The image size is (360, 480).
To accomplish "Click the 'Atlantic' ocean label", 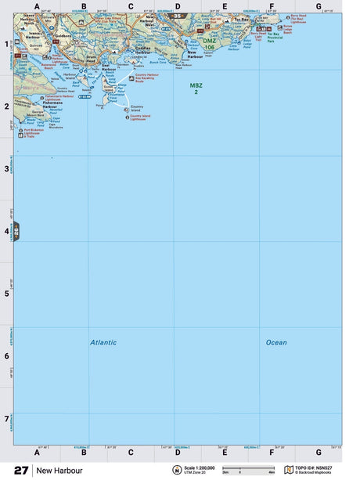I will pos(103,342).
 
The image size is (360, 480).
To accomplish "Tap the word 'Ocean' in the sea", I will pos(276,342).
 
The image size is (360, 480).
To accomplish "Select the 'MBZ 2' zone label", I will pos(195,88).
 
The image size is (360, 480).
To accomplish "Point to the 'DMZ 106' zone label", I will pos(209,45).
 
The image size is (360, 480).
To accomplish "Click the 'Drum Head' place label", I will pos(94,60).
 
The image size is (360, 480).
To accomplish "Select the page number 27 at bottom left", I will pos(21,471).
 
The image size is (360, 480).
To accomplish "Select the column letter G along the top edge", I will pos(319,7).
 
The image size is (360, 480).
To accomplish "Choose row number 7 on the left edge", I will pos(7,418).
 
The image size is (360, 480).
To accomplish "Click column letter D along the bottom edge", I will pos(178,452).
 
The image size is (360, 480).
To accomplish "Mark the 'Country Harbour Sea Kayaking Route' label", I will pos(147,78).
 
